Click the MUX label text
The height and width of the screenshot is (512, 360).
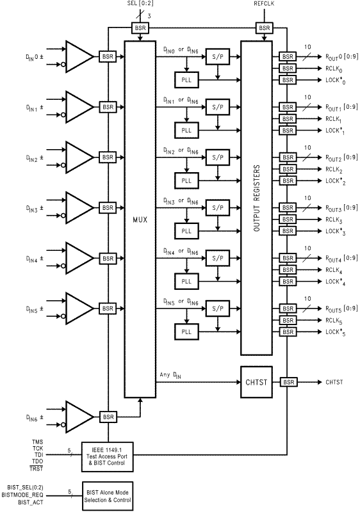140,220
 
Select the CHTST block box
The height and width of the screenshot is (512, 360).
256,382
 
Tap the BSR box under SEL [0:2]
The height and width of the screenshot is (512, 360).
140,28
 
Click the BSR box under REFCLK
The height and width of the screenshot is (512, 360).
264,28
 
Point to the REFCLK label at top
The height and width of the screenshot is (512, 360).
264,4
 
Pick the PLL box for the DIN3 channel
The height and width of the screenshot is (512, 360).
186,231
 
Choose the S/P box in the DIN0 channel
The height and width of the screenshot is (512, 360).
218,56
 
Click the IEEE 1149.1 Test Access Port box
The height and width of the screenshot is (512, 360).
108,457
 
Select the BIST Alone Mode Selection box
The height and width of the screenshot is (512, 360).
108,496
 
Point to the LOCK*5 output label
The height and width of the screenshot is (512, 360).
336,332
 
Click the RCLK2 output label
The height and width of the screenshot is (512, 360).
334,170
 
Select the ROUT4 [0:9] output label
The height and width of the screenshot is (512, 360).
341,259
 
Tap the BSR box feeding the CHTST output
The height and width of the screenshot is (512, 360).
289,382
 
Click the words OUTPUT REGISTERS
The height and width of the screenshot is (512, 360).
257,198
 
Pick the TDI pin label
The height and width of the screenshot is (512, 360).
38,455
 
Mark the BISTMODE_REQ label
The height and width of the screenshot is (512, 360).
22,495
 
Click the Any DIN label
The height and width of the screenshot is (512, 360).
170,375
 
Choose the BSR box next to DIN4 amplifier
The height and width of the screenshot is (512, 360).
108,259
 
